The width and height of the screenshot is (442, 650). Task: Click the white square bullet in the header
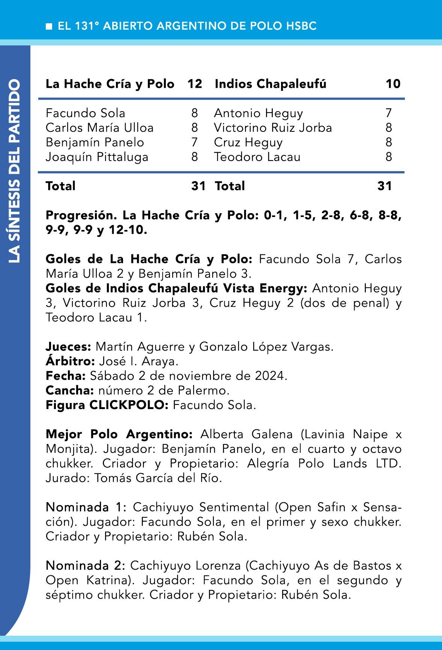point(49,26)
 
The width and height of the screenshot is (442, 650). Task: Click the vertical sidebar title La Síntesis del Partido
point(15,171)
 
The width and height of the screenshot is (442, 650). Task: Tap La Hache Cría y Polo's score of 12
point(195,84)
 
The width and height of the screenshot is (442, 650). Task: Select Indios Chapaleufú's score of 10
point(393,84)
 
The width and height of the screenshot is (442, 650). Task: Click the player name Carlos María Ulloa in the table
point(99,128)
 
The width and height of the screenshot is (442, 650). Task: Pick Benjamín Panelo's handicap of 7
point(194,142)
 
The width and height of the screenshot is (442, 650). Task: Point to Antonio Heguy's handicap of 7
point(389,113)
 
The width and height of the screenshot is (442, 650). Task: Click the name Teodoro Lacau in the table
point(257,157)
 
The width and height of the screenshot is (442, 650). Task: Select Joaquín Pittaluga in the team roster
point(97,157)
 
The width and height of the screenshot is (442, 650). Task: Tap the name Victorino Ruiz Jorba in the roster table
point(273,128)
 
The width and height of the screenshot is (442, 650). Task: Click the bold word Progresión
point(80,215)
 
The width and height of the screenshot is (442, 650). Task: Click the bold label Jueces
point(68,346)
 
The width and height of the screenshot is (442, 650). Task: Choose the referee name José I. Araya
point(138,361)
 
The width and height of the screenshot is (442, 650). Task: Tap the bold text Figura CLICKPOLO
point(107,405)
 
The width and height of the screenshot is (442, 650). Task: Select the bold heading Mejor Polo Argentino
point(119,434)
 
